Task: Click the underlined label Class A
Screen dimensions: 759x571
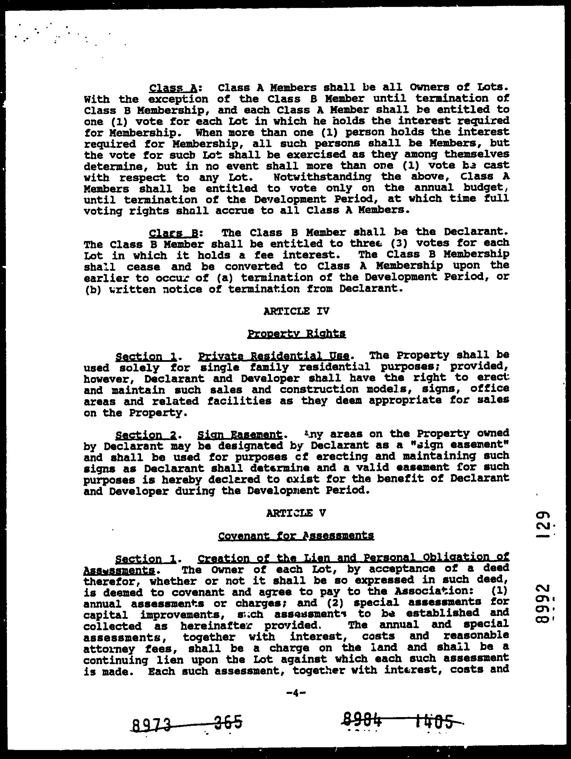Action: (173, 88)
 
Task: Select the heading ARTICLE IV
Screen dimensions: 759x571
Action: (296, 311)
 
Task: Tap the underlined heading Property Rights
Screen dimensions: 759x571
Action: (297, 334)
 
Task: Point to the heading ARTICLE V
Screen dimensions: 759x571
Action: (296, 513)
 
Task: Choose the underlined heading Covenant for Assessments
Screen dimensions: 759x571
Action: (296, 536)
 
